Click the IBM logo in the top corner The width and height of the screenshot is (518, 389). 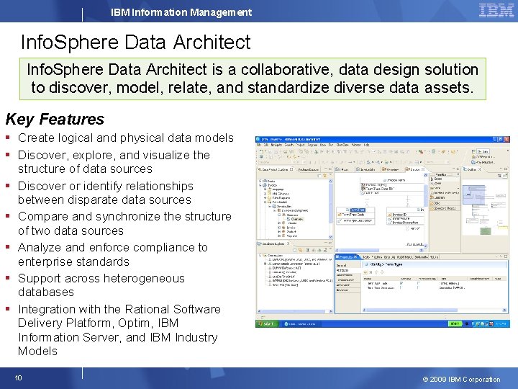pyautogui.click(x=496, y=11)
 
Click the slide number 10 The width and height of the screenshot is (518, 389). pyautogui.click(x=19, y=377)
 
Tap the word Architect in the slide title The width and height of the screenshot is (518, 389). pyautogui.click(x=212, y=42)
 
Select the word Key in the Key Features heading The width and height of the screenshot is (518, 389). pyautogui.click(x=20, y=119)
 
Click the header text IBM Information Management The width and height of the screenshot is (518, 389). pyautogui.click(x=181, y=12)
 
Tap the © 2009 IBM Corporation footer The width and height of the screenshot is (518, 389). pyautogui.click(x=462, y=379)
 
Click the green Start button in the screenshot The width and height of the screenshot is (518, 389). pyautogui.click(x=268, y=323)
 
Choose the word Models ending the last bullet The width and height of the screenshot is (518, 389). pyautogui.click(x=37, y=351)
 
